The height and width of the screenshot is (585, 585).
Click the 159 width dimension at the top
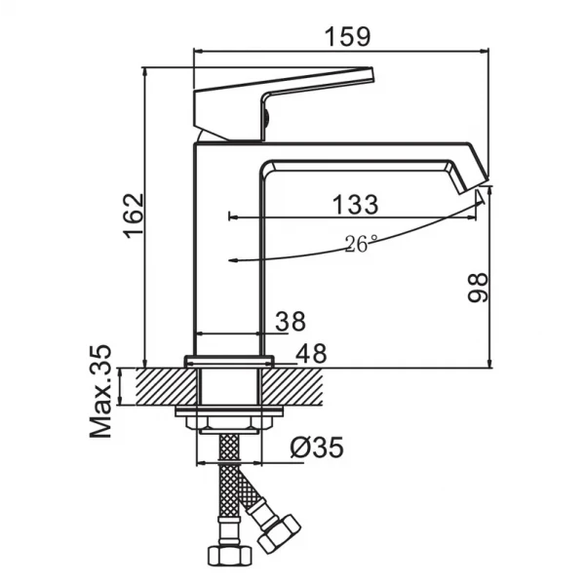[x=348, y=36]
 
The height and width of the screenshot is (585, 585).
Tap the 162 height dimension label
[x=134, y=215]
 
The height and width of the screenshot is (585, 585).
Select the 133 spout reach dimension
[x=355, y=205]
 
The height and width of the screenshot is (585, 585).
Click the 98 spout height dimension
[x=478, y=288]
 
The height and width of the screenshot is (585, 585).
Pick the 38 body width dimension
[x=291, y=321]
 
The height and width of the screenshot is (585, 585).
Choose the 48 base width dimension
[x=312, y=353]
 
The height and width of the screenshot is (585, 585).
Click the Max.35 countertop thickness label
[x=100, y=391]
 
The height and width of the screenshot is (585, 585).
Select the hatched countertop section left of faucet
[x=166, y=386]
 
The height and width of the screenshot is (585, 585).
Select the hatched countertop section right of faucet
[x=292, y=386]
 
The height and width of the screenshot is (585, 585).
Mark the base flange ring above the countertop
[x=229, y=361]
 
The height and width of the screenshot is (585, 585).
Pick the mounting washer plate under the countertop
[x=229, y=410]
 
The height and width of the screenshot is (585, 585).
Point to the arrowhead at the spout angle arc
[x=480, y=197]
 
